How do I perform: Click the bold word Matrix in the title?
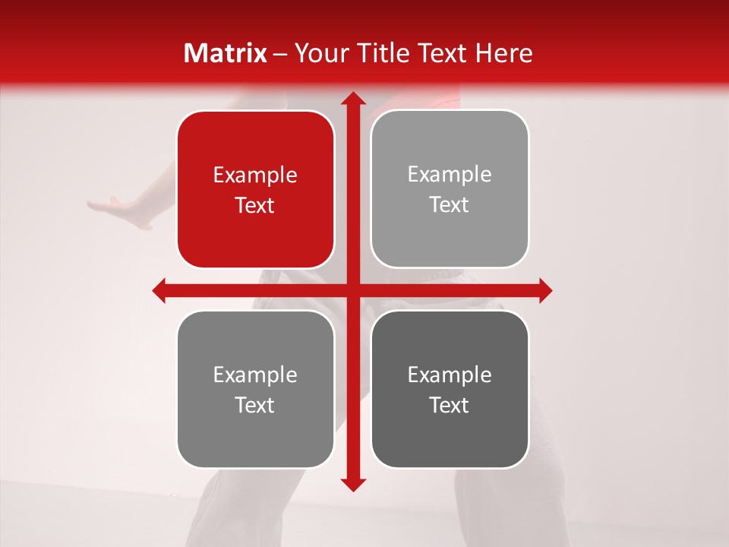[x=226, y=53]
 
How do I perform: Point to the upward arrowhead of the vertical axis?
[x=352, y=99]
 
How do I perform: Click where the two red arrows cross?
[x=352, y=290]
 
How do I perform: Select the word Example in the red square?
[x=255, y=175]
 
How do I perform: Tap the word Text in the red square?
[x=255, y=206]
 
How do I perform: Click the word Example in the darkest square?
[x=450, y=375]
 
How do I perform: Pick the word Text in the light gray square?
[x=450, y=205]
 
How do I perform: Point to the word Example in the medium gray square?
[x=255, y=375]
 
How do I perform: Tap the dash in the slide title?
[x=280, y=54]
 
